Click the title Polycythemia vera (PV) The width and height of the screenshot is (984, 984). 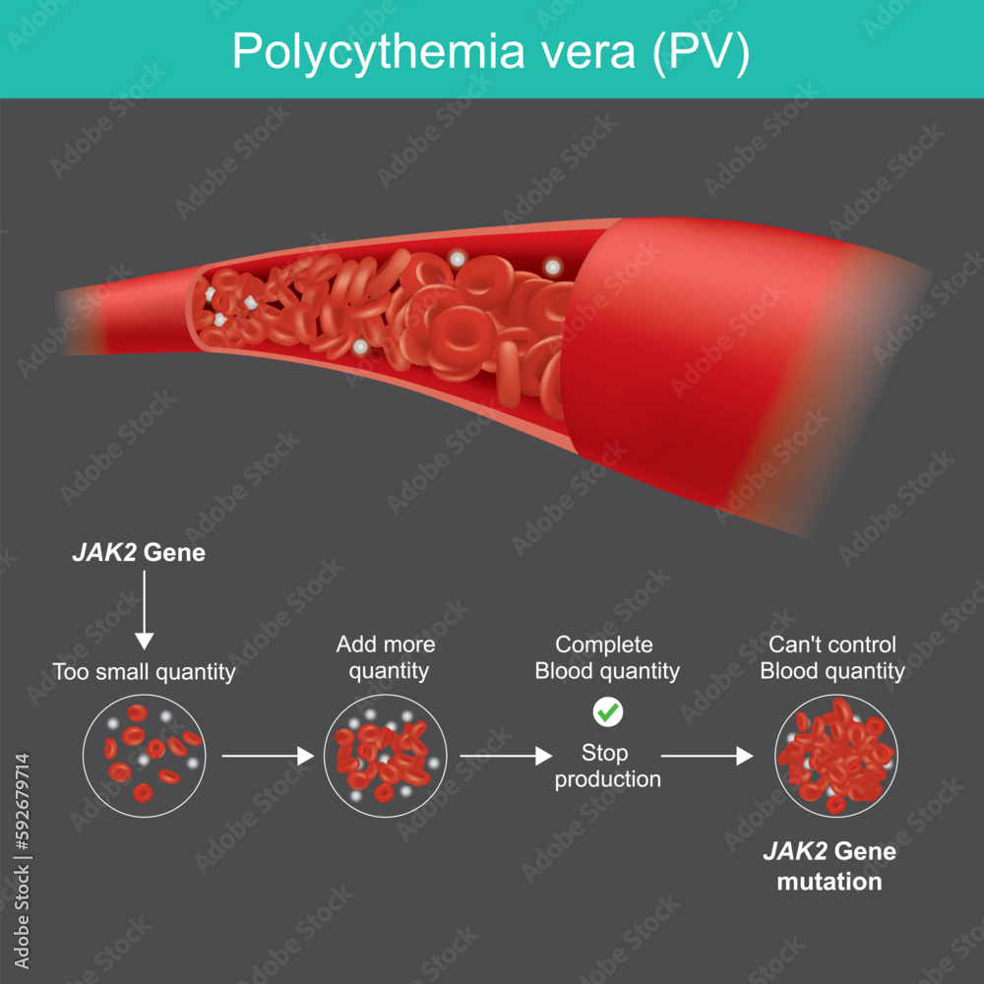coord(491,51)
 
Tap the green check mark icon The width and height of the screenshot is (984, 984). coord(607,710)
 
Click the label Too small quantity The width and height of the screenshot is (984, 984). coord(144,673)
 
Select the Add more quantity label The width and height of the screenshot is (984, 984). coord(385,657)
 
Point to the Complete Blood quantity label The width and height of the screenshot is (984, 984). coord(606,657)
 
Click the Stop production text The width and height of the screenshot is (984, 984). coord(606,766)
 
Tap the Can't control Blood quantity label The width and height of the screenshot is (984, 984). coord(832,657)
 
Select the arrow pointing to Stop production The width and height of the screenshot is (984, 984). coord(505,756)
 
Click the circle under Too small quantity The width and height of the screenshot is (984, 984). coord(145,756)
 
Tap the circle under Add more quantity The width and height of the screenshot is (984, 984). coord(385,756)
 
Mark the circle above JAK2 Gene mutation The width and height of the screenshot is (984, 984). coord(835,756)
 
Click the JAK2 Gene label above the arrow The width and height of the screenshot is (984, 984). coord(139,553)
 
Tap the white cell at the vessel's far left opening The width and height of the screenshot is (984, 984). coord(210,294)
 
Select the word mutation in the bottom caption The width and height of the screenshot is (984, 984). coord(829,882)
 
